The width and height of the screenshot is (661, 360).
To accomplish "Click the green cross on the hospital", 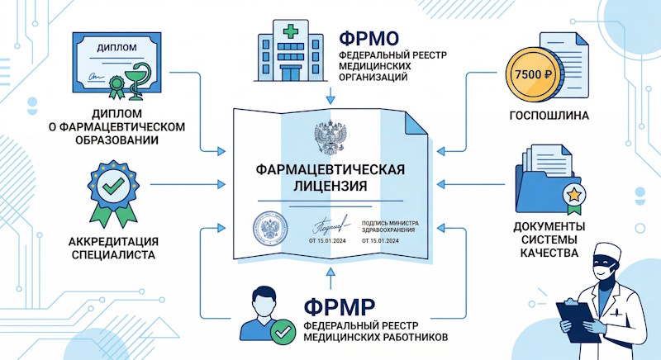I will (x=291, y=31).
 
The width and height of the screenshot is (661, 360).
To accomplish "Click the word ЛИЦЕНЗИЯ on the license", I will (x=330, y=187).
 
